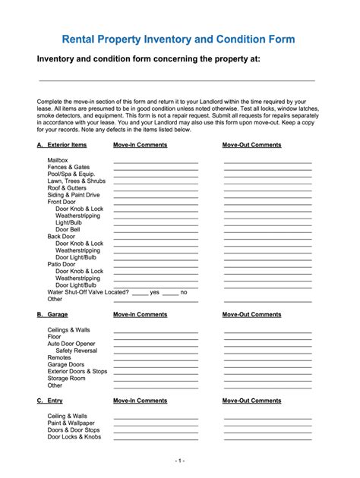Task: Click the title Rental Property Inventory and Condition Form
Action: coord(179,39)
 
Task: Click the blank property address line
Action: coord(176,80)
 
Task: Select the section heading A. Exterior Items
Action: coord(62,144)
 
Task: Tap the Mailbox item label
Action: coord(58,161)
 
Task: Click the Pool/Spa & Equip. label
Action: coord(71,174)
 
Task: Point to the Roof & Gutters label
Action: coord(68,187)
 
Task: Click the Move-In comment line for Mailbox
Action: coord(156,162)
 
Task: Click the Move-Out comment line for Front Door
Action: coord(267,204)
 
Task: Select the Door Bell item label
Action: coord(68,229)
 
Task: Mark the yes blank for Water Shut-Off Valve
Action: coord(140,293)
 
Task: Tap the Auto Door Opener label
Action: coord(71,344)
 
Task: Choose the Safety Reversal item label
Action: coord(76,351)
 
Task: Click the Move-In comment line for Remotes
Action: coord(156,359)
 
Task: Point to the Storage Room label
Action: coord(66,378)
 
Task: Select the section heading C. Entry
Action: coord(50,401)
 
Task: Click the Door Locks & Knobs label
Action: coord(74,437)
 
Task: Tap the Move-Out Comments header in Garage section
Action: coord(251,314)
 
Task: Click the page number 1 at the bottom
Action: coord(179,461)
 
